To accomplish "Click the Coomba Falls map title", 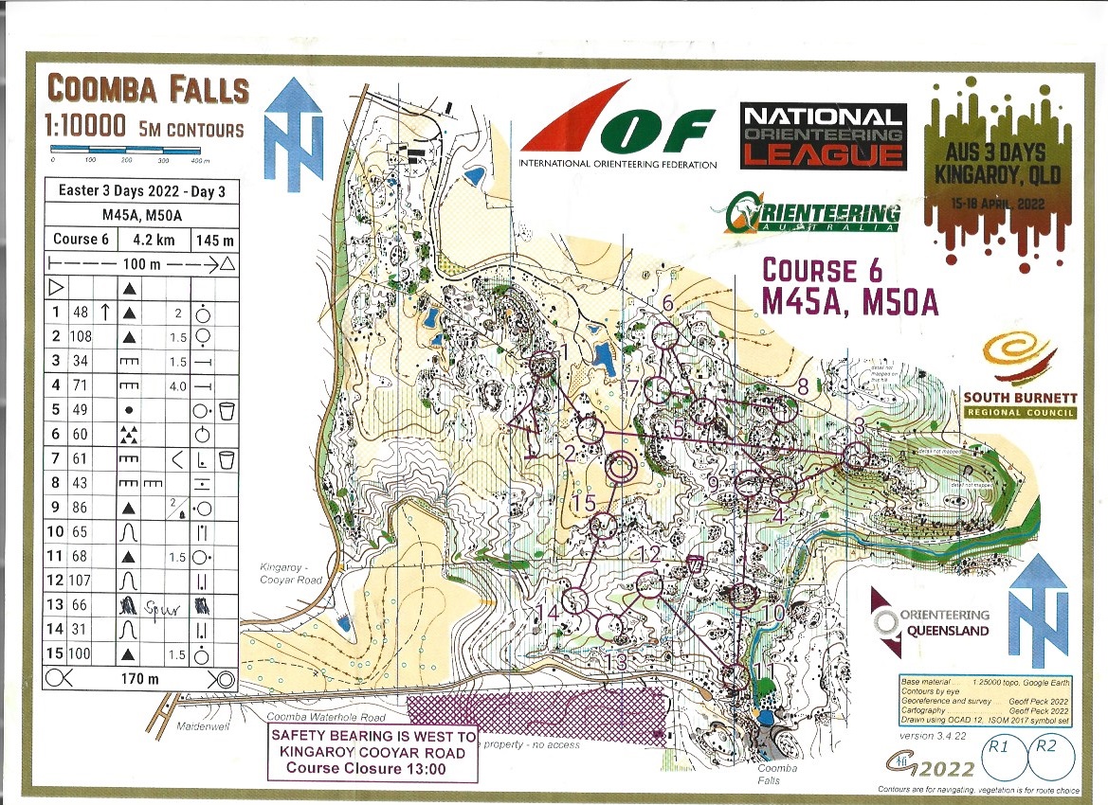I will point(148,91).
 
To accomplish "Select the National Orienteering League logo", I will point(822,135).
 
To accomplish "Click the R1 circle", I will point(998,753).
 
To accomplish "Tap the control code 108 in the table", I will point(82,336).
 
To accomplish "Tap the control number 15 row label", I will point(56,654).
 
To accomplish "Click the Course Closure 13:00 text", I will point(372,768).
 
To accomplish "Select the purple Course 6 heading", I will point(825,269).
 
